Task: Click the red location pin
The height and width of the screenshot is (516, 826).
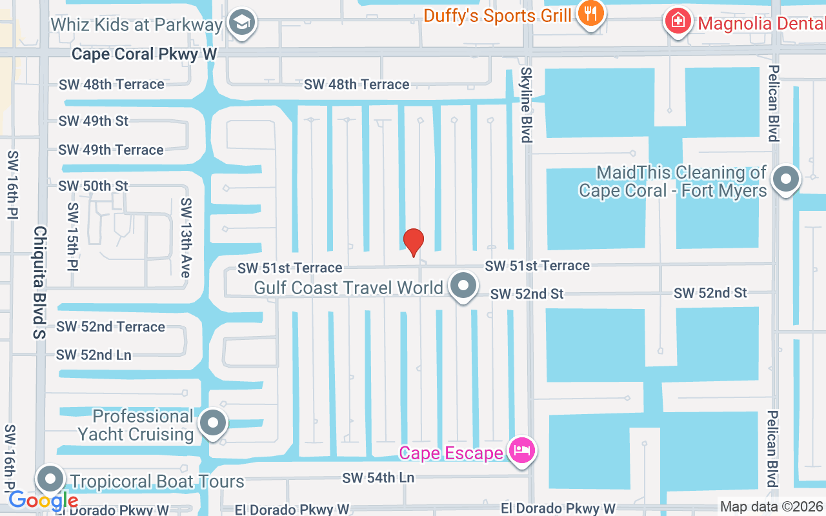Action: [x=414, y=242]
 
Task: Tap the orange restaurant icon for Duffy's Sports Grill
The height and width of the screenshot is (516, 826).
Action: [x=590, y=13]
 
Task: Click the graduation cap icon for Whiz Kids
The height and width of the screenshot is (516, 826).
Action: [x=243, y=23]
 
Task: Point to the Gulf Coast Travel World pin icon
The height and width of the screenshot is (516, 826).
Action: [x=463, y=286]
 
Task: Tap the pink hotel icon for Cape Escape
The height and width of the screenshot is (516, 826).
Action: [x=521, y=450]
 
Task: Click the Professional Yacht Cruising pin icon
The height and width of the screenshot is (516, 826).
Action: [x=213, y=424]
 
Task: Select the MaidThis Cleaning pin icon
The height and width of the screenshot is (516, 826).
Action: [x=786, y=179]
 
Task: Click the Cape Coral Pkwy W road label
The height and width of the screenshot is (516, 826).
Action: [x=144, y=54]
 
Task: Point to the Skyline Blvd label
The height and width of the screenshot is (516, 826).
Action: [x=527, y=104]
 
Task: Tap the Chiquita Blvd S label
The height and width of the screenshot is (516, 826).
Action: [x=40, y=282]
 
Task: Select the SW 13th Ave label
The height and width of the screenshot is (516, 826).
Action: [x=186, y=237]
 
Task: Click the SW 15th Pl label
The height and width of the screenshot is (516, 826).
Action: [x=72, y=237]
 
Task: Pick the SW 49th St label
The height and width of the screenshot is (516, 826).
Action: [x=94, y=121]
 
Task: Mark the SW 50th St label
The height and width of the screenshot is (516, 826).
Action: [x=94, y=186]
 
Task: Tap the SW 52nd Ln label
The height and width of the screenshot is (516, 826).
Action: [x=94, y=355]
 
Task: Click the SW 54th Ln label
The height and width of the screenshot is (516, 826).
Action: [x=378, y=478]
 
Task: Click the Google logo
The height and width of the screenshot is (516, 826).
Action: [x=43, y=500]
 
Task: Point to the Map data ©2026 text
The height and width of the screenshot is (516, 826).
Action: [x=772, y=507]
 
